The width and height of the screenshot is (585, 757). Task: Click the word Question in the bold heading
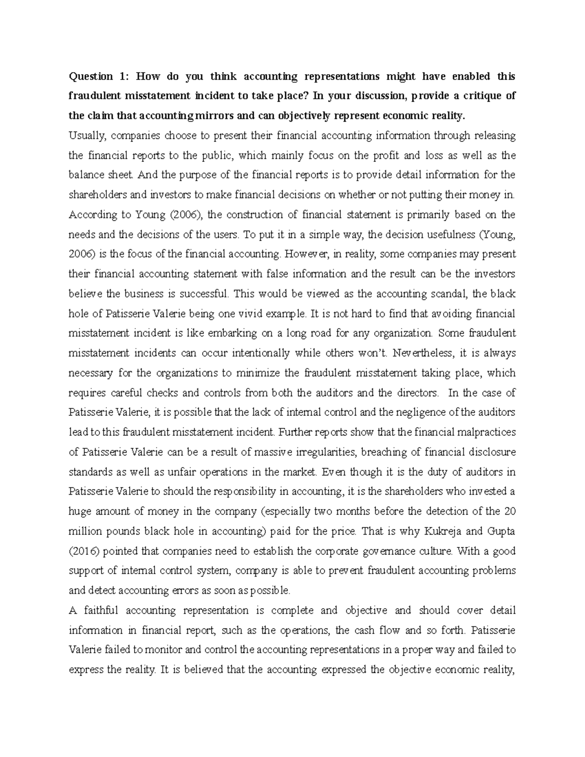(91, 77)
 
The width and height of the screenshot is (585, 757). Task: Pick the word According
(93, 215)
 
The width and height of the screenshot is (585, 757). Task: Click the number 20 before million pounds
(509, 512)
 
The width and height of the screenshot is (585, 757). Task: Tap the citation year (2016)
(84, 551)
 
